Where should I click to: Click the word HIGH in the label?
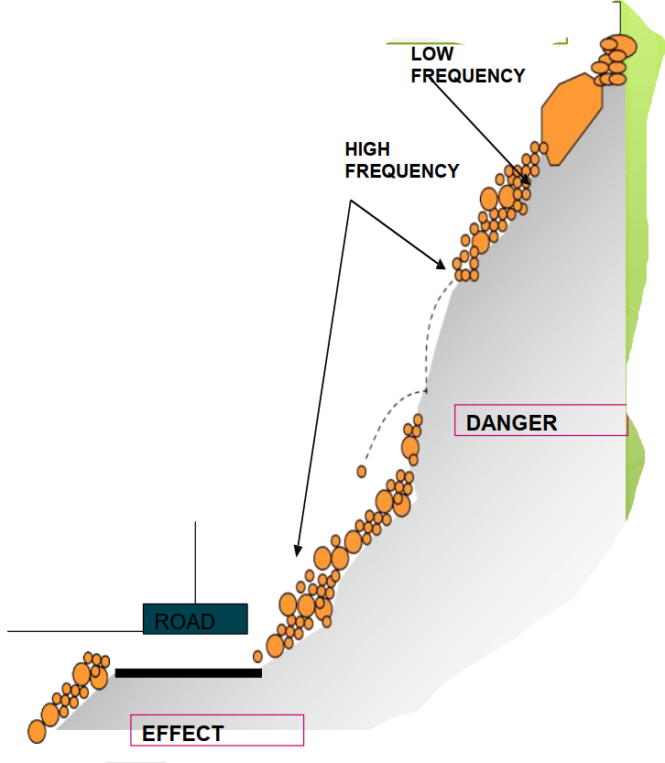(367, 149)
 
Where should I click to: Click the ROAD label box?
(195, 619)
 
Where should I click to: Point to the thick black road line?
(188, 673)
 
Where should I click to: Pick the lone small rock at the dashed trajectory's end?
(362, 472)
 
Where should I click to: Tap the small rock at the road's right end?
(258, 656)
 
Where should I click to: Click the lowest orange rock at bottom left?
(37, 731)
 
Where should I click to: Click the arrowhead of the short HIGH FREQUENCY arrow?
(442, 266)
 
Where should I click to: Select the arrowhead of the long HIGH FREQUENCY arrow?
(296, 551)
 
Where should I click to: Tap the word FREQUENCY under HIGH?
(402, 171)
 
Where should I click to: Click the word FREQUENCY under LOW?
(468, 76)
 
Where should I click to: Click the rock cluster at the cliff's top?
(613, 60)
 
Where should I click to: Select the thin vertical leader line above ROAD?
(196, 563)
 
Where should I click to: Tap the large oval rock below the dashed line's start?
(410, 447)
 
